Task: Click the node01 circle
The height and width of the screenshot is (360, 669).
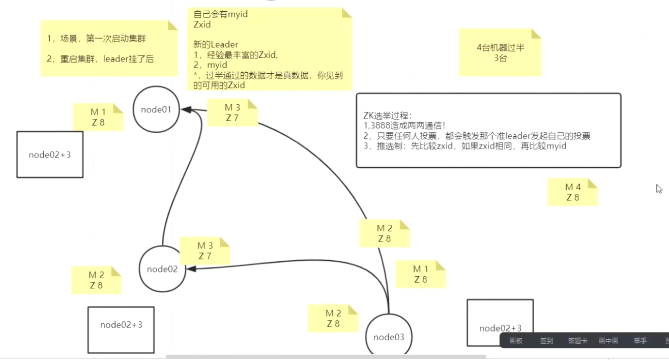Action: pyautogui.click(x=156, y=109)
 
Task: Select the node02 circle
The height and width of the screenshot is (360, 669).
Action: pyautogui.click(x=162, y=269)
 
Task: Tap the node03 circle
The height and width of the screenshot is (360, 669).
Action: pyautogui.click(x=389, y=337)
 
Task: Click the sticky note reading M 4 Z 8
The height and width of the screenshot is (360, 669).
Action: pyautogui.click(x=572, y=192)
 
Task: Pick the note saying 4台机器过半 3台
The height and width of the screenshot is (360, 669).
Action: pyautogui.click(x=500, y=53)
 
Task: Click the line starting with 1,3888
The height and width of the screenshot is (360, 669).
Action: pyautogui.click(x=404, y=126)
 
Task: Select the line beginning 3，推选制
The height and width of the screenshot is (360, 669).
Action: pyautogui.click(x=464, y=146)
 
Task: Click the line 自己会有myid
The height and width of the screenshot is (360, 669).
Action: pyautogui.click(x=221, y=14)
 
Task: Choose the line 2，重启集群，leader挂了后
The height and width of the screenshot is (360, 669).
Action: pyautogui.click(x=100, y=58)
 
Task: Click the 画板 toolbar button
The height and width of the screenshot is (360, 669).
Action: pyautogui.click(x=516, y=341)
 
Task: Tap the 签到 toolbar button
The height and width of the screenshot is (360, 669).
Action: pyautogui.click(x=546, y=341)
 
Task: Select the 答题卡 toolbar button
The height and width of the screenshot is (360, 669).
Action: pyautogui.click(x=577, y=341)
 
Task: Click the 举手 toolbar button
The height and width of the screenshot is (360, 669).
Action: pyautogui.click(x=640, y=341)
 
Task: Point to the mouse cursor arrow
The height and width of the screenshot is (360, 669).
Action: pyautogui.click(x=659, y=189)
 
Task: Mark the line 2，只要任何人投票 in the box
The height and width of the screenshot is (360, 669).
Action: pyautogui.click(x=476, y=136)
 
